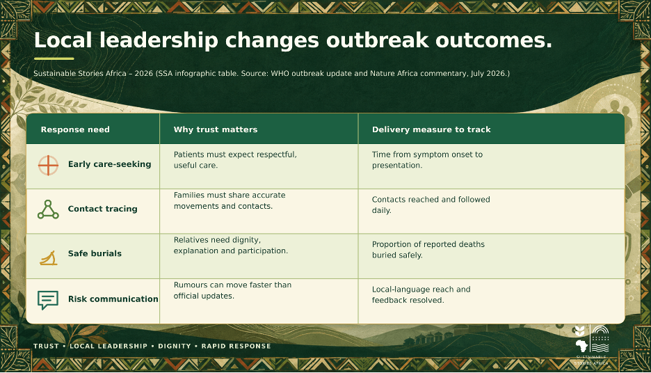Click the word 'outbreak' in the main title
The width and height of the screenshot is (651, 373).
(x=377, y=40)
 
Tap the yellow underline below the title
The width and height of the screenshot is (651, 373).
(x=54, y=58)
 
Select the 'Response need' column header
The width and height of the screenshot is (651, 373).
(x=75, y=129)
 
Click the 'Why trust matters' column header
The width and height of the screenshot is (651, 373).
(x=216, y=129)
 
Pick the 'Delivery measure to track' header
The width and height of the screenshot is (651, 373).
(x=431, y=129)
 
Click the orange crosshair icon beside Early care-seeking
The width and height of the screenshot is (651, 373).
(x=48, y=166)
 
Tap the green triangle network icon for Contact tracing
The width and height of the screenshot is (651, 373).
(x=48, y=209)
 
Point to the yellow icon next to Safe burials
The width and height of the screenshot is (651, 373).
(x=49, y=258)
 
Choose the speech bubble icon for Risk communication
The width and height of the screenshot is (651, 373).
(x=48, y=299)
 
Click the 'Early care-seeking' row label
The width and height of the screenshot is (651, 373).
(x=110, y=164)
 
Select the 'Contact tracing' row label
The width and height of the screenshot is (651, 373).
(x=102, y=209)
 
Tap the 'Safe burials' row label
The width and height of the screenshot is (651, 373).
(x=95, y=253)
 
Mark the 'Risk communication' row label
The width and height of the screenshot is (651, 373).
(x=113, y=299)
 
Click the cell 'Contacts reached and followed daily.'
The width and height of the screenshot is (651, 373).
(x=431, y=205)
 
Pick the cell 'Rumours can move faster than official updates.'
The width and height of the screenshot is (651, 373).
(x=232, y=290)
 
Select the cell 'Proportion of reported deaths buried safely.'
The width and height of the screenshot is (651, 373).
(x=428, y=250)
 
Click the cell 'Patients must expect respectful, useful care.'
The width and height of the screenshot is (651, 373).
(x=235, y=160)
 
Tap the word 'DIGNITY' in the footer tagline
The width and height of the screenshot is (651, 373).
(x=175, y=346)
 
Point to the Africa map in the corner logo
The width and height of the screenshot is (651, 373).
(x=582, y=346)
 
